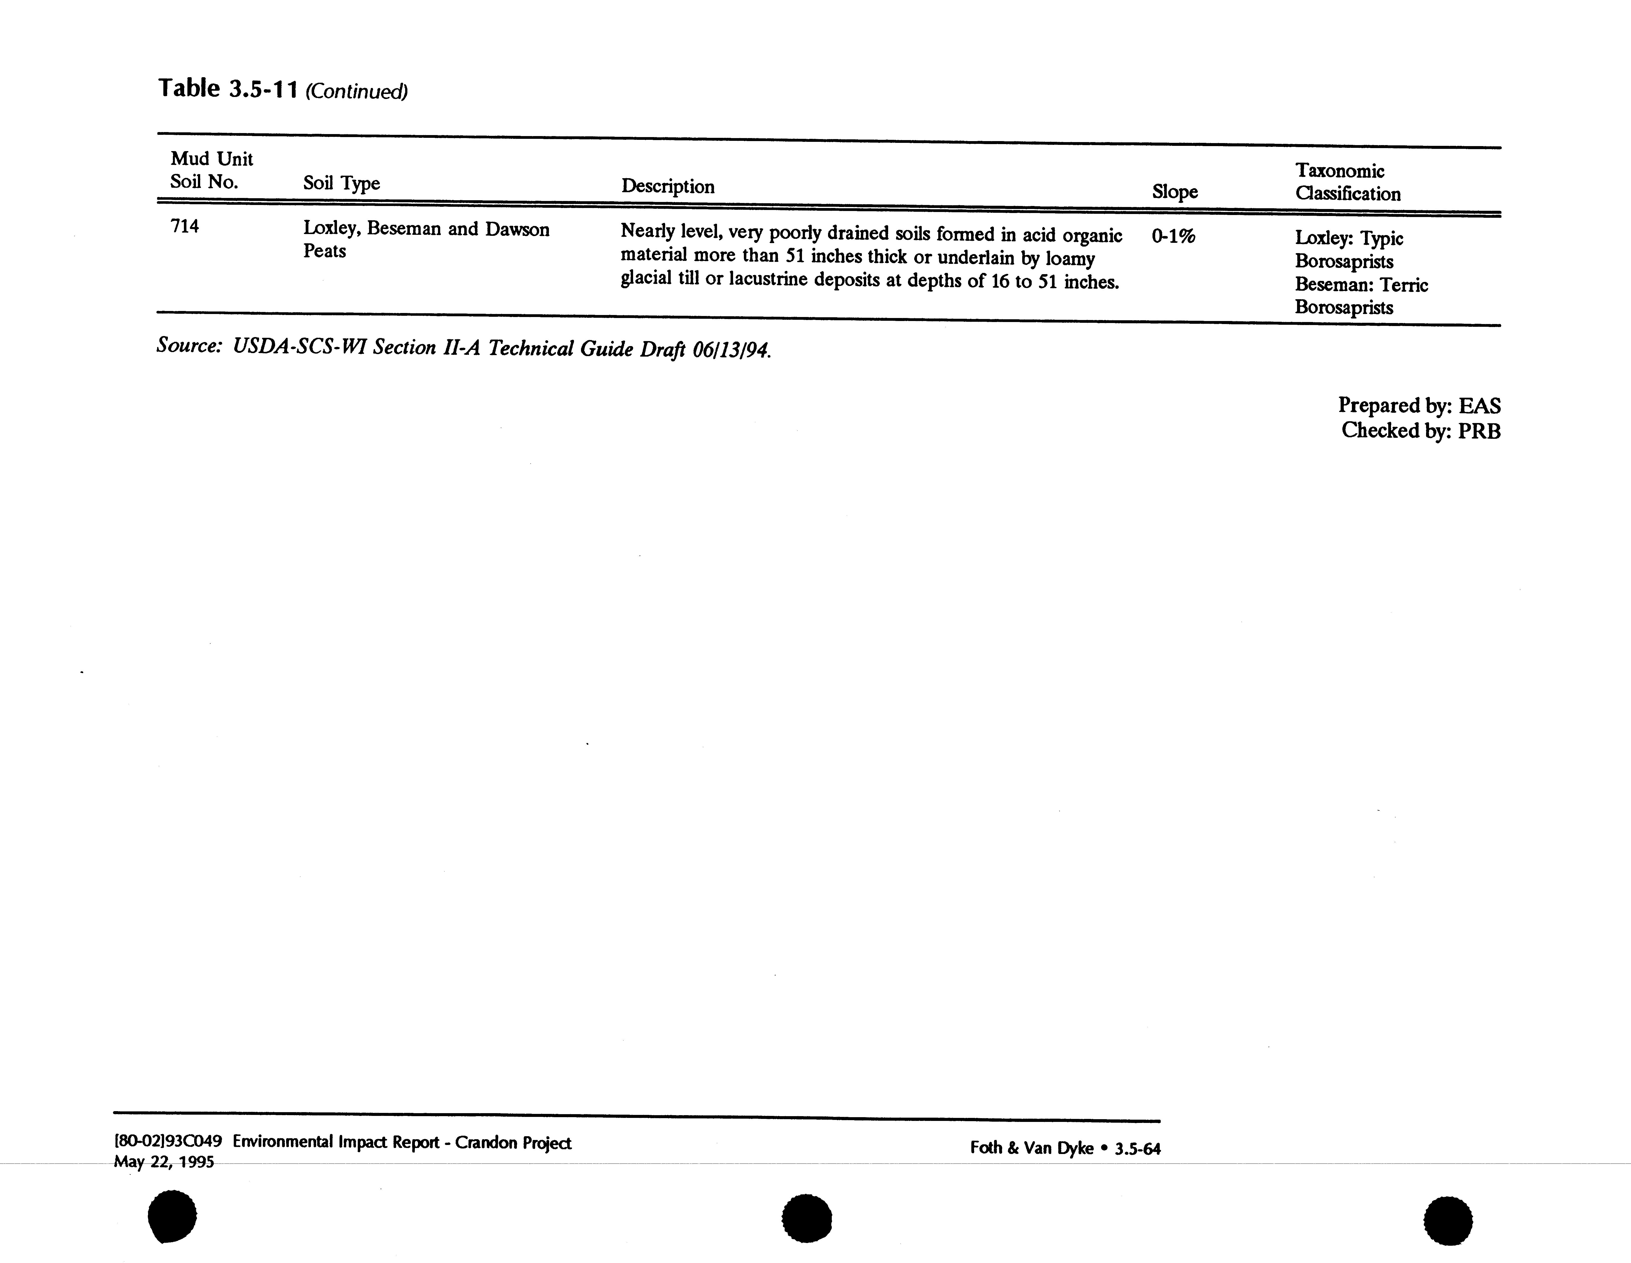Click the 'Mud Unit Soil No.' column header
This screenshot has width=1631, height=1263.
coord(211,170)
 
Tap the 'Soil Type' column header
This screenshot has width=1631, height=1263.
coord(341,183)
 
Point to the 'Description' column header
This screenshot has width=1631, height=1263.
coord(668,186)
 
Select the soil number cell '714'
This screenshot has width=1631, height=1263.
coord(184,226)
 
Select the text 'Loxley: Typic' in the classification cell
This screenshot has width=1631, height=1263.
coord(1349,238)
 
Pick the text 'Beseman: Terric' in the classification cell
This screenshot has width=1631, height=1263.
coord(1361,285)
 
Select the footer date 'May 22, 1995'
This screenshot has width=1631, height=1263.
coord(164,1162)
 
